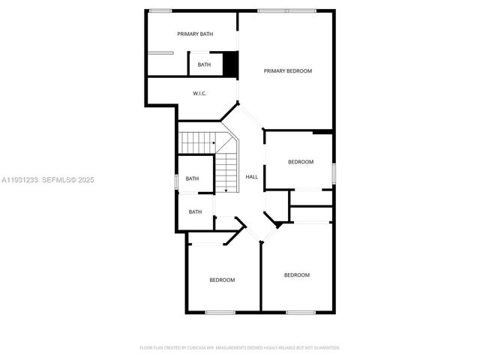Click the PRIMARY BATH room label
coord(195,34)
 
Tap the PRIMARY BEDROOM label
coord(287,70)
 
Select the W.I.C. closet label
coord(199,93)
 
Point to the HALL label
coord(252,177)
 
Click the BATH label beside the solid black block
coord(204,64)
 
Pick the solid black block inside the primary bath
coord(231,64)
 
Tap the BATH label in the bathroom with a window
coord(192,178)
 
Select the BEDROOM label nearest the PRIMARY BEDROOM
coord(301,162)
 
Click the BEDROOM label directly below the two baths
coord(222,280)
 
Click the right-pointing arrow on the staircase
coord(214,141)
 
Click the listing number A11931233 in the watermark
coord(19,180)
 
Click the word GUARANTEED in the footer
coord(327,348)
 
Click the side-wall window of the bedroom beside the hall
coord(334,172)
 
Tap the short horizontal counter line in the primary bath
coord(160,52)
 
